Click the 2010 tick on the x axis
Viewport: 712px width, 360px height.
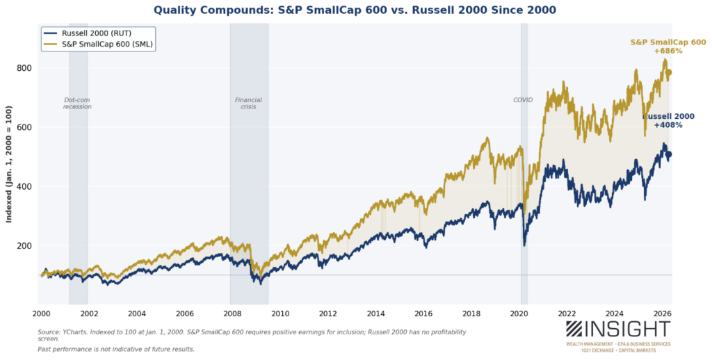280,313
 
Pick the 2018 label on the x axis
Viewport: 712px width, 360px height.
471,313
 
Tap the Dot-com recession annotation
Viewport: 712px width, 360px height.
77,104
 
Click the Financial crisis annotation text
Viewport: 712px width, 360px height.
248,104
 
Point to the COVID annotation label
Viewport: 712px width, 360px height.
523,100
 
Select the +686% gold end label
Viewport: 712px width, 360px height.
667,52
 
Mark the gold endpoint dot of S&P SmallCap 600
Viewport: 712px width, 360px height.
669,72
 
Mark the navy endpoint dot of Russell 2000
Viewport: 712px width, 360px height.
669,155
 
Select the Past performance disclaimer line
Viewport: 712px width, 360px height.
116,349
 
